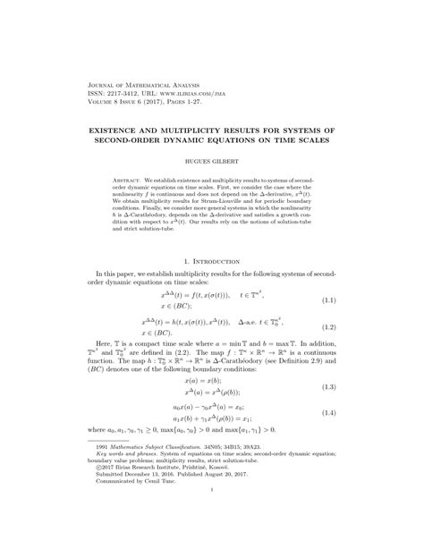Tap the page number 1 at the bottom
(212, 516)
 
